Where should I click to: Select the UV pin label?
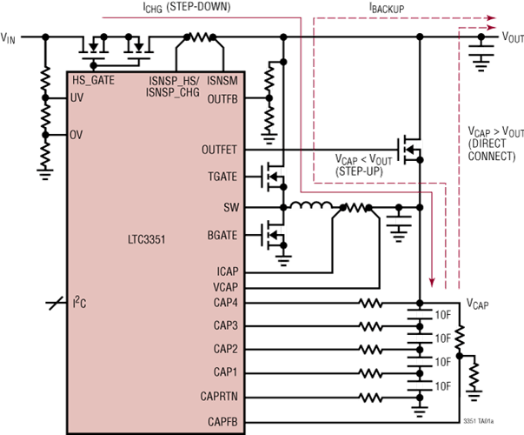pos(76,99)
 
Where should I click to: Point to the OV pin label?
pos(76,137)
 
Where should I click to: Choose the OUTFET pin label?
pos(219,149)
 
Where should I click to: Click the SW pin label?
pos(230,207)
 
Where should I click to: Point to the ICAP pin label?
pos(226,271)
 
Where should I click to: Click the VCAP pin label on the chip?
pos(224,286)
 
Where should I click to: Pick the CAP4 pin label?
pos(225,303)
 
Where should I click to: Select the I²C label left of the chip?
pos(79,303)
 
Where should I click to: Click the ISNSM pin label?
pos(223,80)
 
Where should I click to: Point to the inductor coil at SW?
pos(309,207)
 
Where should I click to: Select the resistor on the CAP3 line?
pos(370,326)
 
